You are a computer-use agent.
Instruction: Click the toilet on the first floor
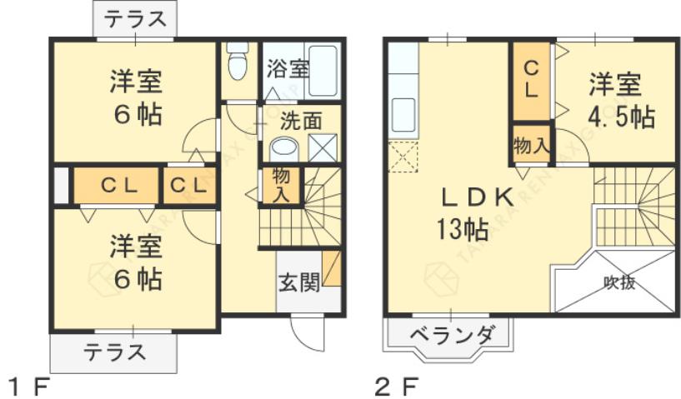pos(238,63)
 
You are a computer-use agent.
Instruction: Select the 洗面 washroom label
pos(301,120)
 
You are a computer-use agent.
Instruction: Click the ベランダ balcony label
pos(453,337)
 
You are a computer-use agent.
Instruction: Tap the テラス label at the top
pos(135,17)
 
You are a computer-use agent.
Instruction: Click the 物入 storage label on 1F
pos(281,185)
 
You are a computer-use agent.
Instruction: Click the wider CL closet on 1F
pos(114,185)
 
